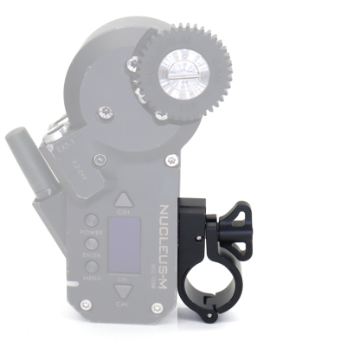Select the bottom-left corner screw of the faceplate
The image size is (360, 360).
[85, 306]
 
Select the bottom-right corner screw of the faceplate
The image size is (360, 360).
[157, 308]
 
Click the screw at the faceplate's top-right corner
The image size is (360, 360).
[171, 160]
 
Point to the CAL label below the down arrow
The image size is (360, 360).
[123, 305]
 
